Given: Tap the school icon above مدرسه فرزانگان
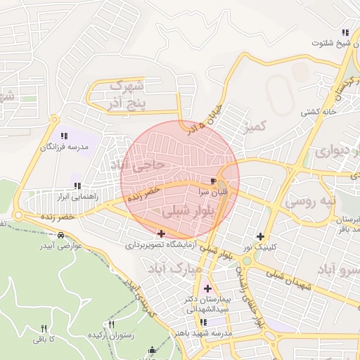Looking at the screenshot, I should pyautogui.click(x=64, y=135).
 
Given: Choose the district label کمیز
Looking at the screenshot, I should pyautogui.click(x=254, y=127).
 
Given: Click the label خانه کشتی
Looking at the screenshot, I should pyautogui.click(x=315, y=112).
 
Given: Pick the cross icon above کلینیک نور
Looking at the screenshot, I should pyautogui.click(x=261, y=236).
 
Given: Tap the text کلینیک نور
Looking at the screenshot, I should pyautogui.click(x=267, y=247).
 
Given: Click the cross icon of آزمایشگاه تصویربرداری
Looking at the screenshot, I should pyautogui.click(x=162, y=233).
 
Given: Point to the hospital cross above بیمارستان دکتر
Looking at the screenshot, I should pyautogui.click(x=207, y=288).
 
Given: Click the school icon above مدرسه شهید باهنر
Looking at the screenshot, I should pyautogui.click(x=203, y=322).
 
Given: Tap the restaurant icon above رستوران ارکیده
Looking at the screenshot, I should pyautogui.click(x=111, y=325).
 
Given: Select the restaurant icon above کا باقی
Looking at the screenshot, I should pyautogui.click(x=44, y=328).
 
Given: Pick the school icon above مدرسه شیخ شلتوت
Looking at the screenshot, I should pyautogui.click(x=345, y=32).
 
